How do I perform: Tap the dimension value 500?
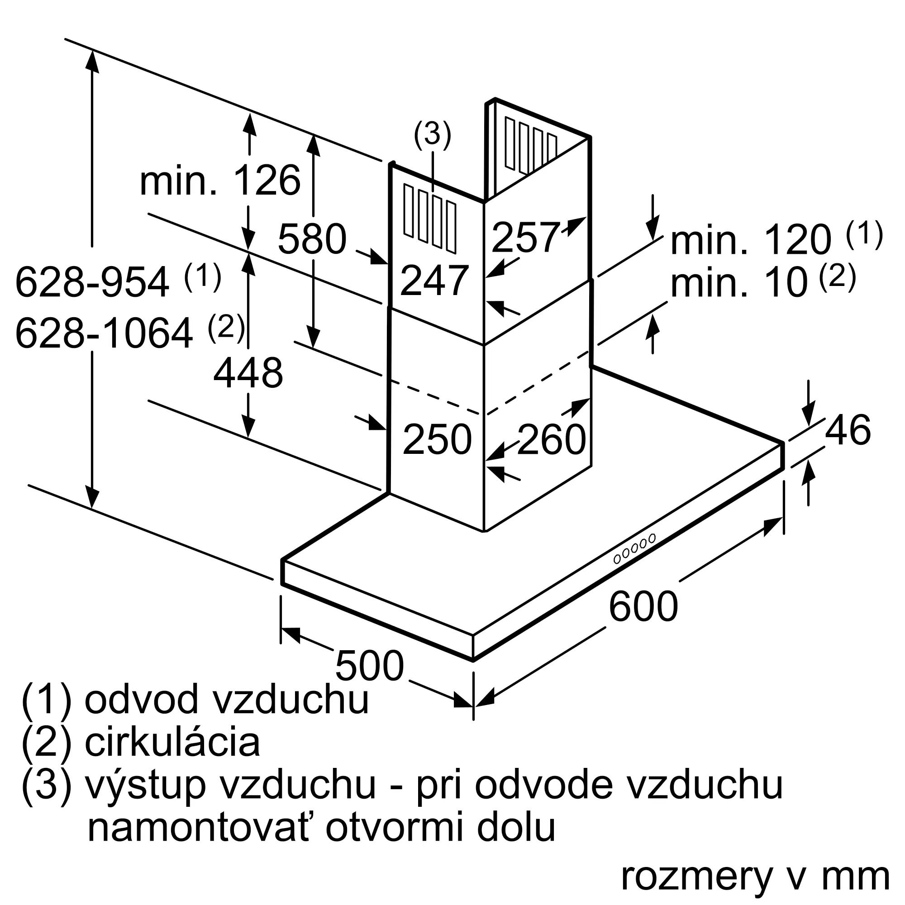(x=370, y=666)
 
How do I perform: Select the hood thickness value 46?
(x=848, y=429)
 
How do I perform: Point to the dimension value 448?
(x=248, y=373)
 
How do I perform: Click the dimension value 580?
(x=312, y=239)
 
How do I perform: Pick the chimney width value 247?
(x=434, y=281)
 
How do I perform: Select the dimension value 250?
(x=437, y=439)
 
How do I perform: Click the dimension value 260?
(x=551, y=439)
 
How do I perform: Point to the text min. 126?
(x=220, y=181)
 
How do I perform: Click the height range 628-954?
(x=92, y=282)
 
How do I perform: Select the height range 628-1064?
(x=104, y=333)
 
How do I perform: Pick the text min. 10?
(x=739, y=283)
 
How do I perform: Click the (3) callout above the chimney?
(x=432, y=134)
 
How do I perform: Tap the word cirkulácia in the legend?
(x=172, y=743)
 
